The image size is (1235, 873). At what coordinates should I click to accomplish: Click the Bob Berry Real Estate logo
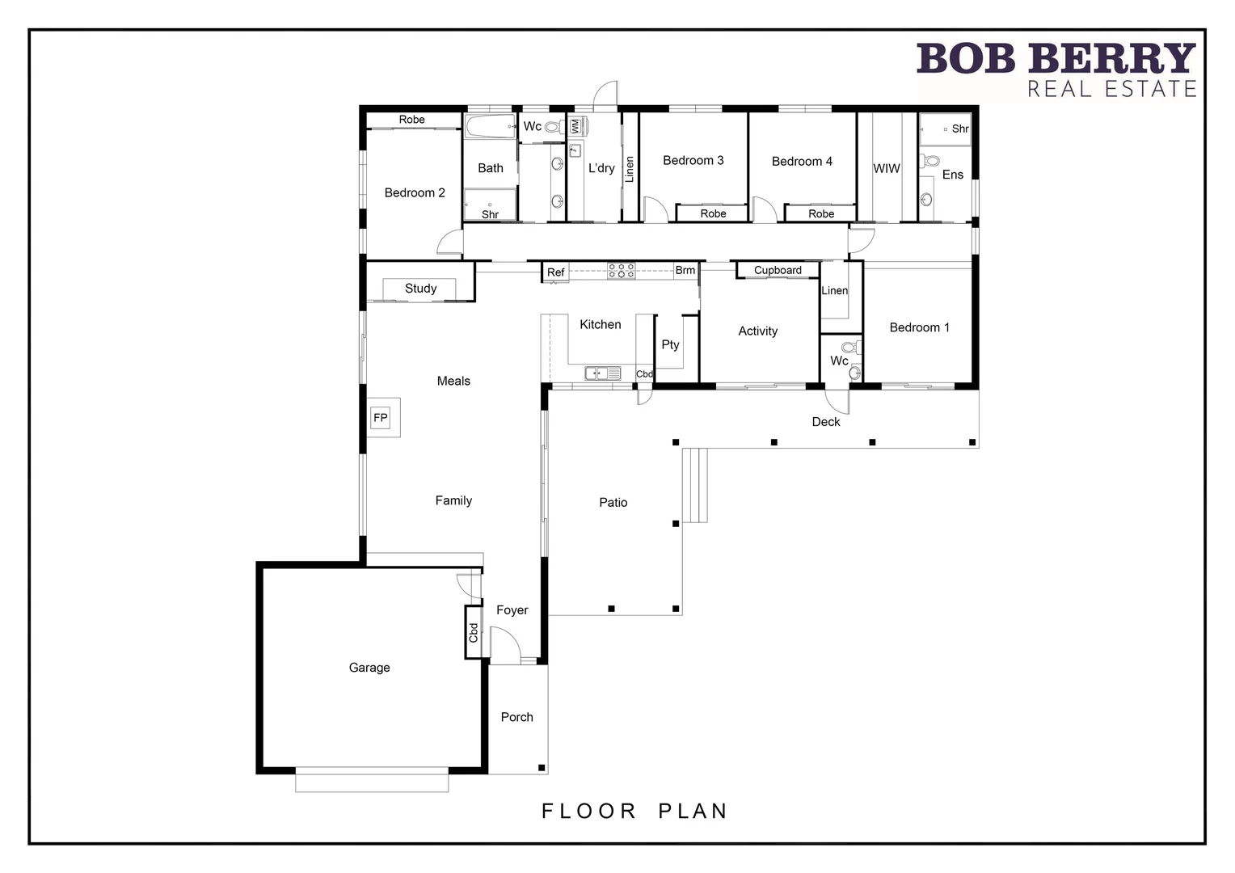1056,70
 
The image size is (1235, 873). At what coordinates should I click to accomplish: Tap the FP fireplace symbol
380,418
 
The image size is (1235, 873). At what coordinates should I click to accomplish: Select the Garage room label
369,668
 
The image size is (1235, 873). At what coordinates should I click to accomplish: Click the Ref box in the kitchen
555,272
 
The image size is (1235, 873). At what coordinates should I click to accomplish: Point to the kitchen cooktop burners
621,271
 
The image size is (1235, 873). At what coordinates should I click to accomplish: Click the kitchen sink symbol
602,373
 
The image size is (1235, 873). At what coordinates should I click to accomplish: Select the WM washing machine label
575,127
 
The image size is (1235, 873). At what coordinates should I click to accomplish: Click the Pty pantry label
670,344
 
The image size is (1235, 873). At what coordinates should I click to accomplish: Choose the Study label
420,289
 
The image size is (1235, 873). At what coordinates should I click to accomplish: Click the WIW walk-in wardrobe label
886,169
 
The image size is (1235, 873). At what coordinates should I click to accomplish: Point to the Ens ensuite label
952,175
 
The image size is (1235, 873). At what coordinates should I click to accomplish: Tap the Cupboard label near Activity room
778,271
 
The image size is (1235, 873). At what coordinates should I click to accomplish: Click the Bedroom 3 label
693,161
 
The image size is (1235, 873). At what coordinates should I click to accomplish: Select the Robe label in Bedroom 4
820,214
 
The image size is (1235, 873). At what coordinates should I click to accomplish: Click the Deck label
825,422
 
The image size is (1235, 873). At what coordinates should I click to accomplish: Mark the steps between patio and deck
694,485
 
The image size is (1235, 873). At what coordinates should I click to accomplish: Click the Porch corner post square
542,768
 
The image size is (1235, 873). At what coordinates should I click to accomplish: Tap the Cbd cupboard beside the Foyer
474,632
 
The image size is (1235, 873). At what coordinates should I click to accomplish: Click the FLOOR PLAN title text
634,811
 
